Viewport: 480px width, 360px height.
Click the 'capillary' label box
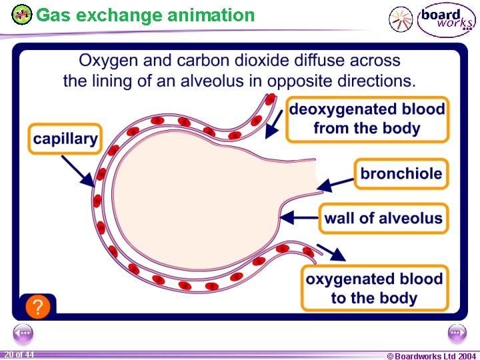[65, 139]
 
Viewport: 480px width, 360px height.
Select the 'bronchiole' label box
[401, 174]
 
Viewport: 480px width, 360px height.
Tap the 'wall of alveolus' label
[383, 218]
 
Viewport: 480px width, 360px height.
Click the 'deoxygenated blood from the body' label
[367, 119]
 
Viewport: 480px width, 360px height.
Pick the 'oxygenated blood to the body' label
[373, 288]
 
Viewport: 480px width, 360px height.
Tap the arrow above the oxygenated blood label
[331, 253]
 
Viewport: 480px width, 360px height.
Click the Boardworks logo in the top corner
[446, 20]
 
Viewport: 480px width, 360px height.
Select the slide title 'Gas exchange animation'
[145, 15]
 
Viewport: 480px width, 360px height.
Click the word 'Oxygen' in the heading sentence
[109, 61]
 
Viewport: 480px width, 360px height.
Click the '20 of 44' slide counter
[19, 354]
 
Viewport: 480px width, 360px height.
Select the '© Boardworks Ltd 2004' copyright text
[431, 355]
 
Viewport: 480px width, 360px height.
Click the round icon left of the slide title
[22, 14]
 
